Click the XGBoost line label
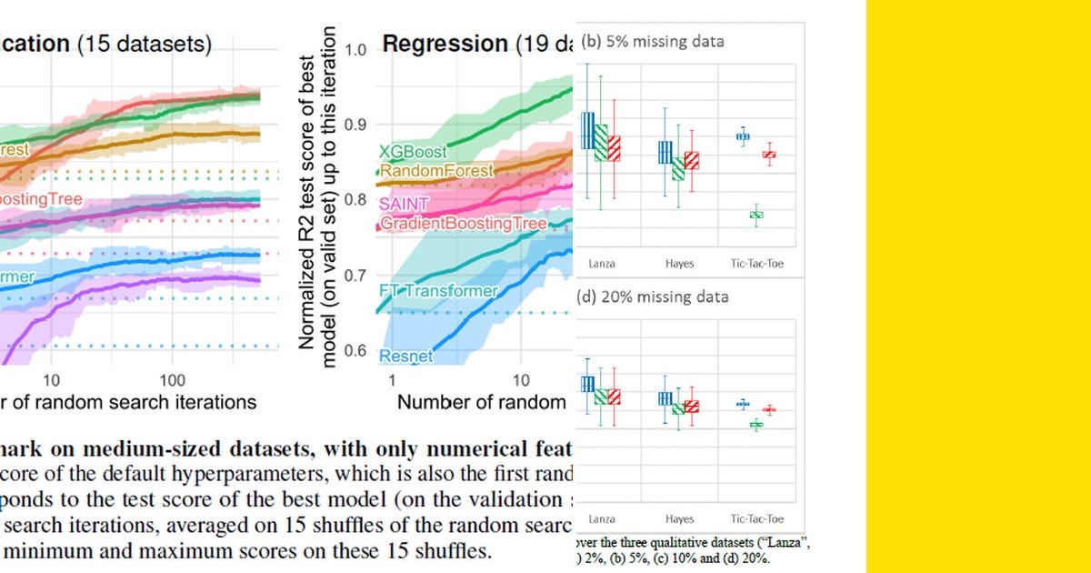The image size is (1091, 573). pyautogui.click(x=411, y=152)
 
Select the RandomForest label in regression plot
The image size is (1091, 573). pyautogui.click(x=436, y=170)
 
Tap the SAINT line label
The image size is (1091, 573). pyautogui.click(x=404, y=204)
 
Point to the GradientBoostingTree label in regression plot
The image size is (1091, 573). pyautogui.click(x=464, y=223)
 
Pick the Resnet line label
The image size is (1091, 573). pyautogui.click(x=406, y=357)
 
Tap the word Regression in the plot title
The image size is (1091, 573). pyautogui.click(x=444, y=44)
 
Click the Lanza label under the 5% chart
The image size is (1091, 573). pyautogui.click(x=601, y=264)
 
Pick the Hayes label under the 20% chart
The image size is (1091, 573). pyautogui.click(x=679, y=519)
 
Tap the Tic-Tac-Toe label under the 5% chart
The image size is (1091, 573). pyautogui.click(x=757, y=264)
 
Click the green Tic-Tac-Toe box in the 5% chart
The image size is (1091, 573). pyautogui.click(x=756, y=215)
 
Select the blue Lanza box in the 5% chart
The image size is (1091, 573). pyautogui.click(x=587, y=130)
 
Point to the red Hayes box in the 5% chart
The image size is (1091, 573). pyautogui.click(x=692, y=160)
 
